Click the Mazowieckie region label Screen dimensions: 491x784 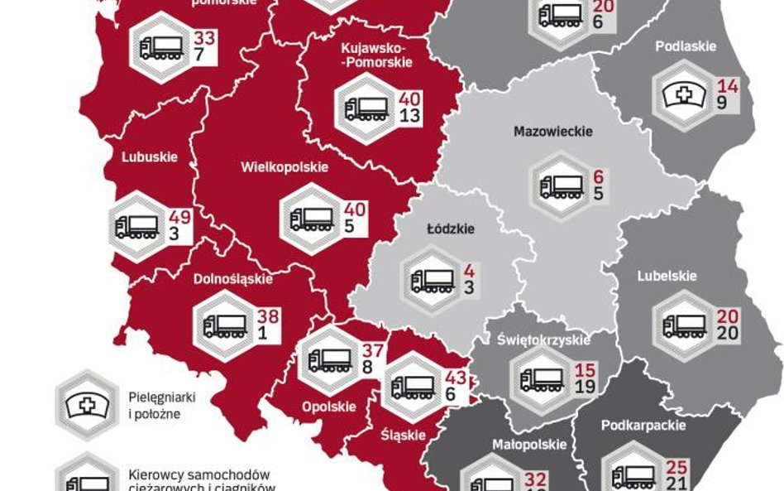coord(552,132)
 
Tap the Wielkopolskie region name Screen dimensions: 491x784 coord(284,167)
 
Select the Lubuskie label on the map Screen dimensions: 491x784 coord(150,156)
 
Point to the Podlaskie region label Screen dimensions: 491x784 coord(686,46)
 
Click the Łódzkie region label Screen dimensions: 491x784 coord(450,229)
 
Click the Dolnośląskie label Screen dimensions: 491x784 coord(232,279)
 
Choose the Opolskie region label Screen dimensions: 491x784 coord(328,407)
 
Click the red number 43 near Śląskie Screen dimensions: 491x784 coord(456,378)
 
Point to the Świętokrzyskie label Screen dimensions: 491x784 coord(543,339)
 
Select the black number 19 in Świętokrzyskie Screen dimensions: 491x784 coord(584,387)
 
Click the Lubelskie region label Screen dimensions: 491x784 coord(667,276)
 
